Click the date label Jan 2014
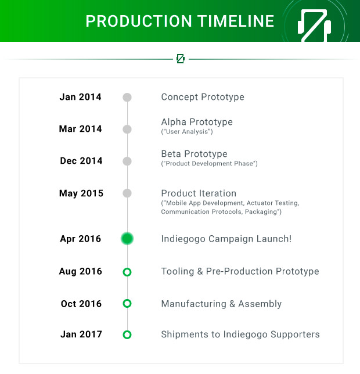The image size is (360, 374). (80, 97)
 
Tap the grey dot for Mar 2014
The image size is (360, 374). (127, 130)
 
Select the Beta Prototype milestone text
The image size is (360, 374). (195, 154)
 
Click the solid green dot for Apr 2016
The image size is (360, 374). (127, 239)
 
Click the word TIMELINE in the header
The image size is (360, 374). (236, 21)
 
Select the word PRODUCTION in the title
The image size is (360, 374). (139, 21)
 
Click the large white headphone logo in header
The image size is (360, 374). (314, 26)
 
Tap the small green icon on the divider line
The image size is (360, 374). (181, 59)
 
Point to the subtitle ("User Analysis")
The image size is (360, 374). (187, 132)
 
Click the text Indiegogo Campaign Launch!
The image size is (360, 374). (226, 239)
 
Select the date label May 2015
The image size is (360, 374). (81, 193)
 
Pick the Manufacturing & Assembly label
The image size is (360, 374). (221, 304)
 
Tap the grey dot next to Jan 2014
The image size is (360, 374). (127, 98)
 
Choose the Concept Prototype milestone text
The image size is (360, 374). (203, 97)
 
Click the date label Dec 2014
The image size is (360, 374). (81, 161)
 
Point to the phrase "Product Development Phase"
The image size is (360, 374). (210, 164)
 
